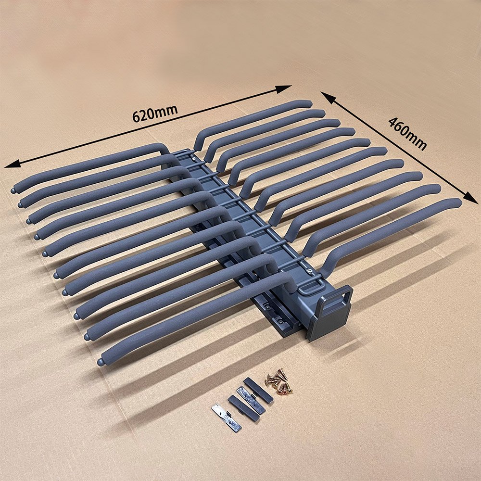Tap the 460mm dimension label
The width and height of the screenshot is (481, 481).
[x=407, y=134]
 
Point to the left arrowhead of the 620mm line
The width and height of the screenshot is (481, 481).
[x=13, y=164]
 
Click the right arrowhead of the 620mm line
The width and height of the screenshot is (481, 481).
[x=283, y=89]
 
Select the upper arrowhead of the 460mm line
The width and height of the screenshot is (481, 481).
[x=328, y=98]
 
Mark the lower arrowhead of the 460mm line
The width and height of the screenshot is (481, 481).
[x=470, y=197]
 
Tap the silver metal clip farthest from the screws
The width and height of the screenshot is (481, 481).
[x=227, y=418]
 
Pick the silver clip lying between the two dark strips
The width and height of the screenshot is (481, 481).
[x=251, y=400]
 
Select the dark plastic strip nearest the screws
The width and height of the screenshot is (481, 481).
[x=258, y=391]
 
